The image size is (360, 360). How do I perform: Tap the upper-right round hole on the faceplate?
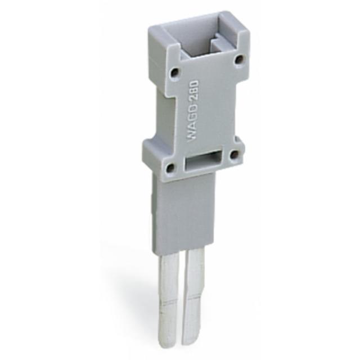(239, 58)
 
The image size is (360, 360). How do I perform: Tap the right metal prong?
(196, 290)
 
